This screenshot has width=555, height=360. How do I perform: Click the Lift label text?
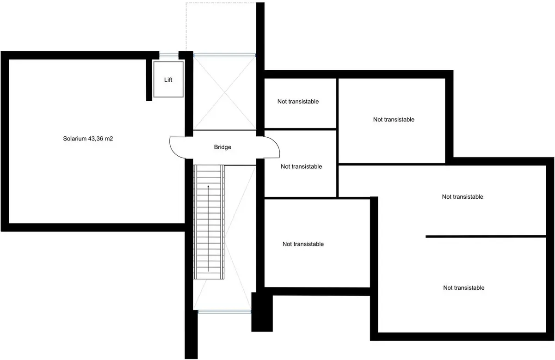point(168,80)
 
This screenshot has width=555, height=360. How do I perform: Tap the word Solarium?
point(74,139)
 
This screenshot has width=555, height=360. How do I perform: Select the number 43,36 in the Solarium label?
point(95,139)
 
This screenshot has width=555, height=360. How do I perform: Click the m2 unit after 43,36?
point(109,139)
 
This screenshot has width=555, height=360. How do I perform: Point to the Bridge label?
point(222,147)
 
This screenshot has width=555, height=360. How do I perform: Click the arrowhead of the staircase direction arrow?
point(209,186)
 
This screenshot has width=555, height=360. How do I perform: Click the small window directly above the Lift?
point(168,55)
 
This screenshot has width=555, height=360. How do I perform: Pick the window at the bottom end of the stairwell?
point(224,312)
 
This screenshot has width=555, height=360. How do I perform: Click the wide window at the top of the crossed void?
point(224,55)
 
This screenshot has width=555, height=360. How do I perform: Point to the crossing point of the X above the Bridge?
point(224,92)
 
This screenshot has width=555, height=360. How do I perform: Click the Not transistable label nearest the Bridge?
point(301,166)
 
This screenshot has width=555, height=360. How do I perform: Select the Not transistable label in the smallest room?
point(298,101)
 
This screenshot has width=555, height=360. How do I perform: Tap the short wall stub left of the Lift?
point(149,80)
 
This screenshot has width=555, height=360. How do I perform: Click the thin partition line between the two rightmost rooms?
point(486,237)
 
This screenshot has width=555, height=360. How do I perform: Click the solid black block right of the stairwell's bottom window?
point(262,312)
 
